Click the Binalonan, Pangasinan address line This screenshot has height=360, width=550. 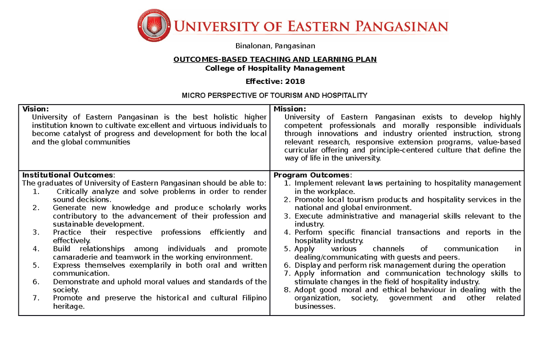tap(275, 46)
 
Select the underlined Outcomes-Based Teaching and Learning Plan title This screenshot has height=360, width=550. tap(275, 60)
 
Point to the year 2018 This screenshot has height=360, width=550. tap(295, 82)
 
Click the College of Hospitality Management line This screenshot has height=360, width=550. tap(275, 68)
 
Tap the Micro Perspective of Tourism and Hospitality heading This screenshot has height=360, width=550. tap(275, 95)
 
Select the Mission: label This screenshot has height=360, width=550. tap(290, 109)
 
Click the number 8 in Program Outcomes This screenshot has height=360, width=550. tap(286, 290)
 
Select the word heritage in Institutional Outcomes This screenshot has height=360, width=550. tap(69, 306)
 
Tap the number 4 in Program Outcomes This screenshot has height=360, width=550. tap(286, 233)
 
